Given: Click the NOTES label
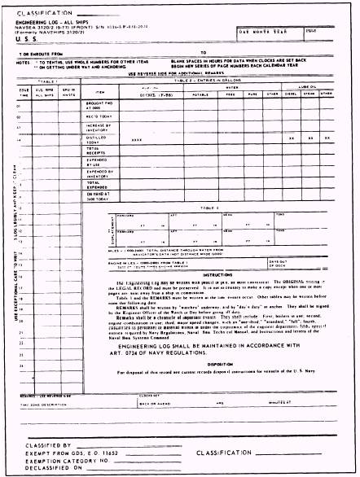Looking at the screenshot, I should pyautogui.click(x=22, y=62).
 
